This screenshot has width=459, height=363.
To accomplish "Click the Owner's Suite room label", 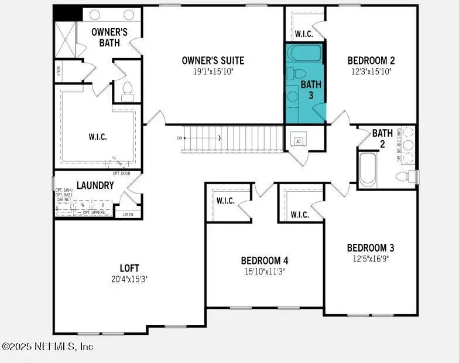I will pyautogui.click(x=213, y=60).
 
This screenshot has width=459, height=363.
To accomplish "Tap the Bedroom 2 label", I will pyautogui.click(x=371, y=60).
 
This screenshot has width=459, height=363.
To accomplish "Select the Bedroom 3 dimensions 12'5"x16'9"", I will pyautogui.click(x=371, y=258).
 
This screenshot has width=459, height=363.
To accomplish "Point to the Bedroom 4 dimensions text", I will pyautogui.click(x=265, y=271).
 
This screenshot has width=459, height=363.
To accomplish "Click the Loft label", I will pyautogui.click(x=129, y=269).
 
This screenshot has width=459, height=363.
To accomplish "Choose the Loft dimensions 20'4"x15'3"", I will pyautogui.click(x=129, y=279).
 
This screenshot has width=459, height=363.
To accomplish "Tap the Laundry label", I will pyautogui.click(x=94, y=185).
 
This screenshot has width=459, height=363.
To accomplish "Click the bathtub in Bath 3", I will pyautogui.click(x=304, y=53).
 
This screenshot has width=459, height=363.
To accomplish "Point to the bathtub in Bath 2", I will pyautogui.click(x=368, y=169).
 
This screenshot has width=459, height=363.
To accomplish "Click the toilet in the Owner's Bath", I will pyautogui.click(x=127, y=91).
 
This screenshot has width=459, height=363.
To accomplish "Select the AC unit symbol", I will pyautogui.click(x=298, y=141).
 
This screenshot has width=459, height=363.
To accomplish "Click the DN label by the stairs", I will pyautogui.click(x=180, y=138).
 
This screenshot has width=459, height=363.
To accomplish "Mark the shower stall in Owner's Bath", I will pyautogui.click(x=65, y=39).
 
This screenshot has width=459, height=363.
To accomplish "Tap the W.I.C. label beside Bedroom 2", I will pyautogui.click(x=304, y=34).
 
